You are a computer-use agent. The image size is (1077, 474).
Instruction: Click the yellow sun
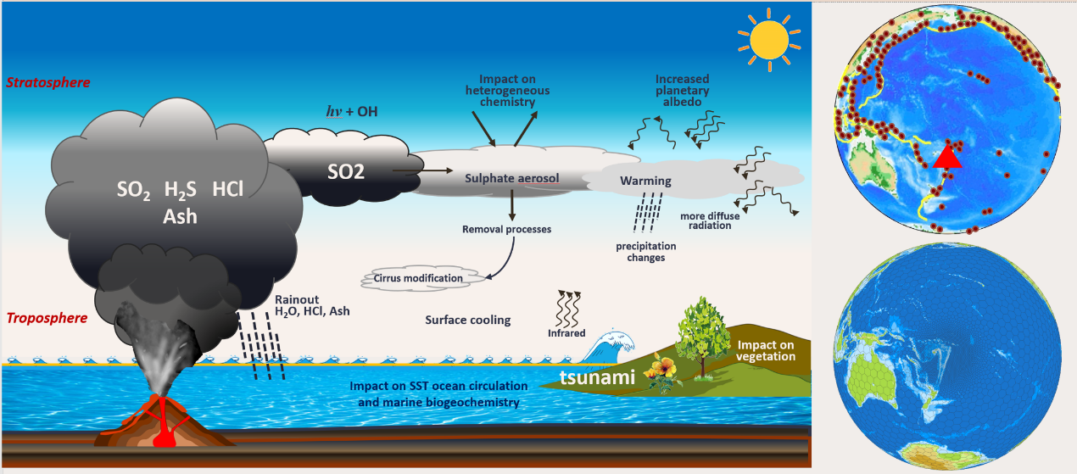(x=767, y=39)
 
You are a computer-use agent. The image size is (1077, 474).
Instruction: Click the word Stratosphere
(x=47, y=83)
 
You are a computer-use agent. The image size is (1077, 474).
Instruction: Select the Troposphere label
(x=47, y=319)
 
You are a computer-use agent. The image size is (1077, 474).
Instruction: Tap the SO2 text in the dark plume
(x=346, y=173)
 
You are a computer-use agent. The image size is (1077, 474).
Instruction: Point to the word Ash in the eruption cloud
(x=180, y=217)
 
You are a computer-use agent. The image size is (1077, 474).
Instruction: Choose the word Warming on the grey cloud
(x=645, y=181)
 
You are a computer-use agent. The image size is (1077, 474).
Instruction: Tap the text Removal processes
(x=506, y=229)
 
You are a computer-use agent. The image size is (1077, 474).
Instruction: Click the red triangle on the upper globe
(x=948, y=157)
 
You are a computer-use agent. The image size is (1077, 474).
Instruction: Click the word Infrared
(x=566, y=333)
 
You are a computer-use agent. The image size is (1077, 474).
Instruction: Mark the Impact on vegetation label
(x=766, y=351)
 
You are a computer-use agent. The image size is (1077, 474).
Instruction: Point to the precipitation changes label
(x=645, y=252)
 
